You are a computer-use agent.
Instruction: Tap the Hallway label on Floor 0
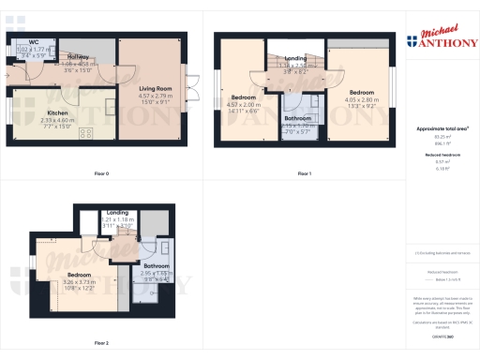coord(79,57)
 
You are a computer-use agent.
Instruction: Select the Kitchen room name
coord(57,112)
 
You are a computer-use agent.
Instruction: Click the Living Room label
coord(156,89)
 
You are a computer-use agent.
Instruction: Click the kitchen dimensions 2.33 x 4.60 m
coord(57,119)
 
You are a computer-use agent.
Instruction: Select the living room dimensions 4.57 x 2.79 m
coord(156,96)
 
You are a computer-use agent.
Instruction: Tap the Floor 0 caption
coord(101,173)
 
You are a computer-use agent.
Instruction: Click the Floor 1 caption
coord(304,173)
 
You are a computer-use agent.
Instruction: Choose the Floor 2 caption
coord(101,343)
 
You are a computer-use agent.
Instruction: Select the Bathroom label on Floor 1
coord(298,118)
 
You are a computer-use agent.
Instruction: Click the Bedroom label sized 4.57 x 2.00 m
coord(245,97)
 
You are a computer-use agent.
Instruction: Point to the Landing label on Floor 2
coord(118,213)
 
